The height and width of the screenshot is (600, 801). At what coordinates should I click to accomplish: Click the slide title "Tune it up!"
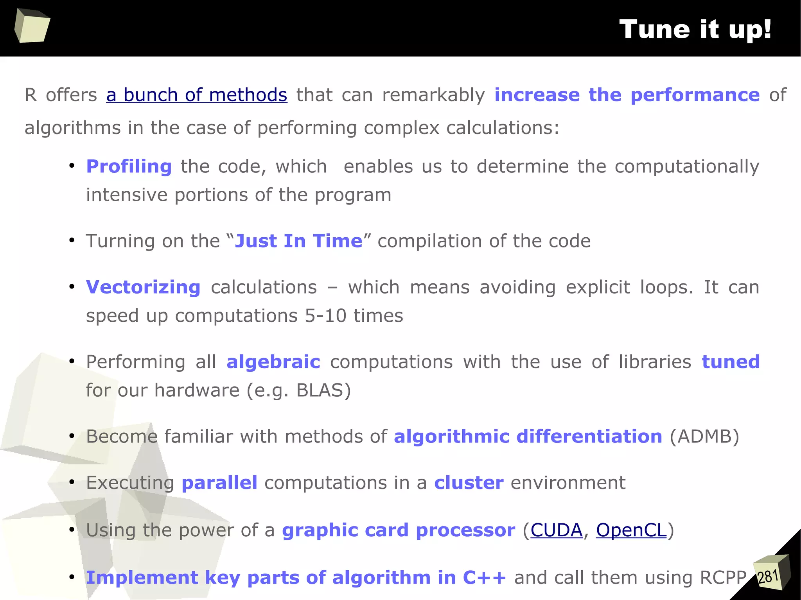[x=695, y=29]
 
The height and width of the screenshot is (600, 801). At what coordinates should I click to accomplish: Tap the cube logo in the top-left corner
[x=32, y=26]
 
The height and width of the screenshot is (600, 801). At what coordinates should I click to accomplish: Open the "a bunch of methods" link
[x=196, y=95]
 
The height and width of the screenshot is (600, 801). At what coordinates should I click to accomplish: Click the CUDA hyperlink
[x=556, y=530]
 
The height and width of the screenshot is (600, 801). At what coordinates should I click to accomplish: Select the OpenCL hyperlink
[x=631, y=530]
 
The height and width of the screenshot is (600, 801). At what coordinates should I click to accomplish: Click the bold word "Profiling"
[x=129, y=167]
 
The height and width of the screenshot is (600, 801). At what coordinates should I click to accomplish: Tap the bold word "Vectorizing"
[x=143, y=287]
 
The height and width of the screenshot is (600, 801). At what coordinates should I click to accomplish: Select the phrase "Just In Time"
[x=298, y=241]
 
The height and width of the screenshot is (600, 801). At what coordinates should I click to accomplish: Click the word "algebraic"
[x=273, y=362]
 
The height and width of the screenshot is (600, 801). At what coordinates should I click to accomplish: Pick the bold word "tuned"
[x=731, y=362]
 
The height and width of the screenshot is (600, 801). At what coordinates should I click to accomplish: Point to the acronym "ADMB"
[x=704, y=436]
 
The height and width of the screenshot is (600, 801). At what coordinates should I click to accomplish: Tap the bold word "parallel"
[x=219, y=483]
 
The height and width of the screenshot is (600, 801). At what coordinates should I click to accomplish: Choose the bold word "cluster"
[x=469, y=483]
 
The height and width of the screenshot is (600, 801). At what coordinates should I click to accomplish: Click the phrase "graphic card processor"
[x=399, y=530]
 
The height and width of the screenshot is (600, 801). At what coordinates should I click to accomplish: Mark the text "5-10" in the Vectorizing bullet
[x=325, y=315]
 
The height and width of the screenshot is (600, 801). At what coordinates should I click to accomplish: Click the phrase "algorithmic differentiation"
[x=528, y=436]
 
